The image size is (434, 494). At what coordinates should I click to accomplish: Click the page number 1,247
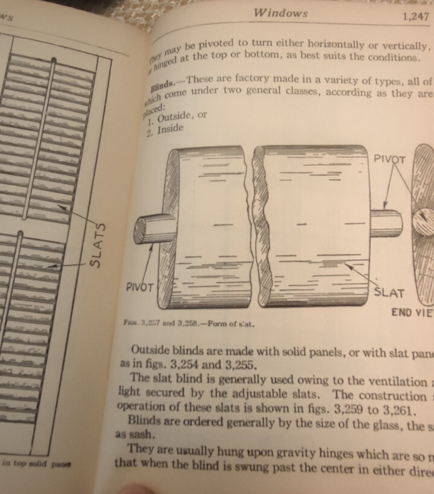pos(415,17)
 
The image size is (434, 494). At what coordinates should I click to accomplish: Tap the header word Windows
pos(280,12)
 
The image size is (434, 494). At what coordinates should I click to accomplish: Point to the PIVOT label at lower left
pos(140,287)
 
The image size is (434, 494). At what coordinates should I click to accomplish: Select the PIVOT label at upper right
pos(391,160)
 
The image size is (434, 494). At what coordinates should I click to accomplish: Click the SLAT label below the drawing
pos(389,293)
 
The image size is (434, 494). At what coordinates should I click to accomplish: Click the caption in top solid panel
pos(37,462)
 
